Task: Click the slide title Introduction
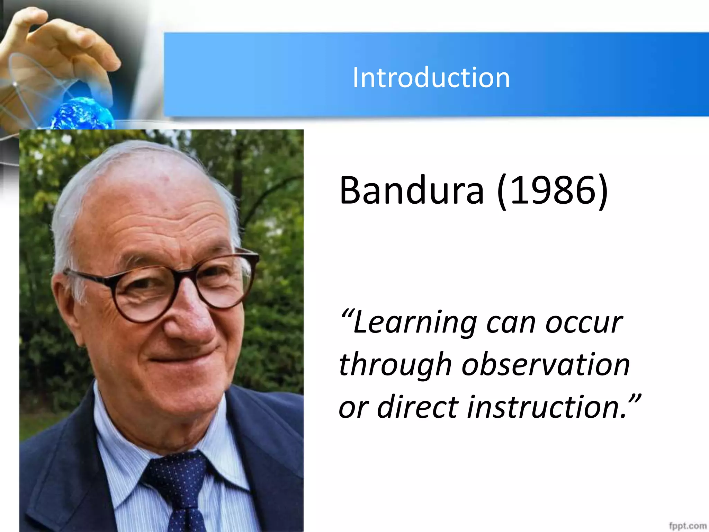[431, 78]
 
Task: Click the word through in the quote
[395, 365]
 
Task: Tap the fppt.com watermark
[687, 526]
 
